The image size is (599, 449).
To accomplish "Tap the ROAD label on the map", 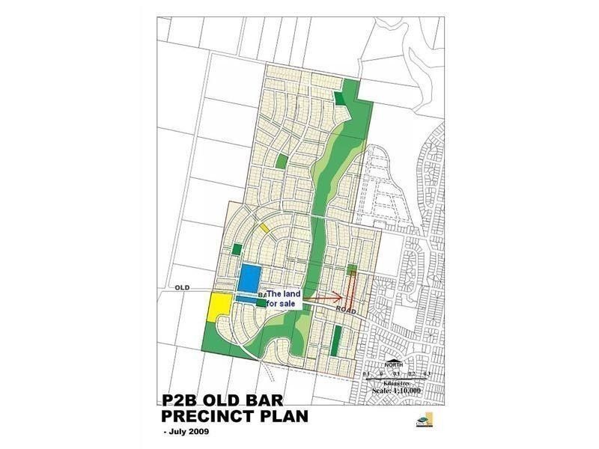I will click(x=346, y=308).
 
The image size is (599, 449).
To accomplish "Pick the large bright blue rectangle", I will click(x=250, y=277).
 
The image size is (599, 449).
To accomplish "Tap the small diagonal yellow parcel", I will click(x=264, y=227).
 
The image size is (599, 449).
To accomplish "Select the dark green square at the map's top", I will click(x=341, y=99).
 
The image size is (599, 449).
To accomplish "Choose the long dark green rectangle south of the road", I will click(x=336, y=340).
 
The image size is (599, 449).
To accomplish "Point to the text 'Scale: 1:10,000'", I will click(x=396, y=391).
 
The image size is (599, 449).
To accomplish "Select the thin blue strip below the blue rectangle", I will click(x=246, y=298).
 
